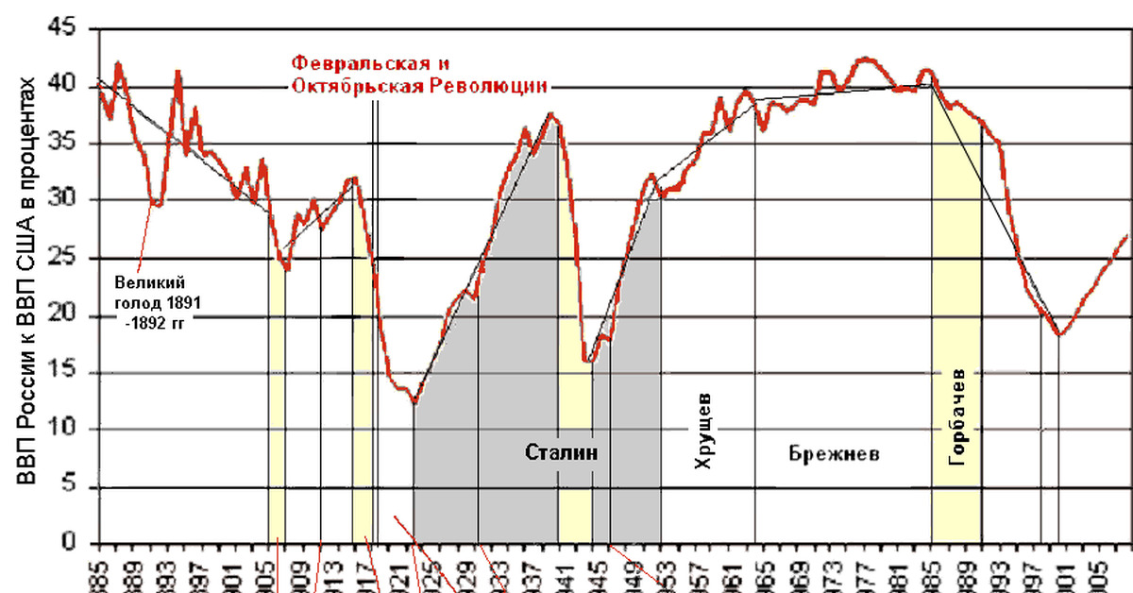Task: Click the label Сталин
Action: coord(562,452)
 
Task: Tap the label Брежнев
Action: coord(834,453)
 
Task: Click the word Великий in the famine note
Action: coord(143,282)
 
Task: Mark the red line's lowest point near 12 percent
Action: coord(414,402)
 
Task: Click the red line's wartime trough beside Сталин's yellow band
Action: coord(587,361)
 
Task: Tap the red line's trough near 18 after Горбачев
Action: coord(1060,334)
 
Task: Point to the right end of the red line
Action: coord(1127,235)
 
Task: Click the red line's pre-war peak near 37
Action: coord(551,115)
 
